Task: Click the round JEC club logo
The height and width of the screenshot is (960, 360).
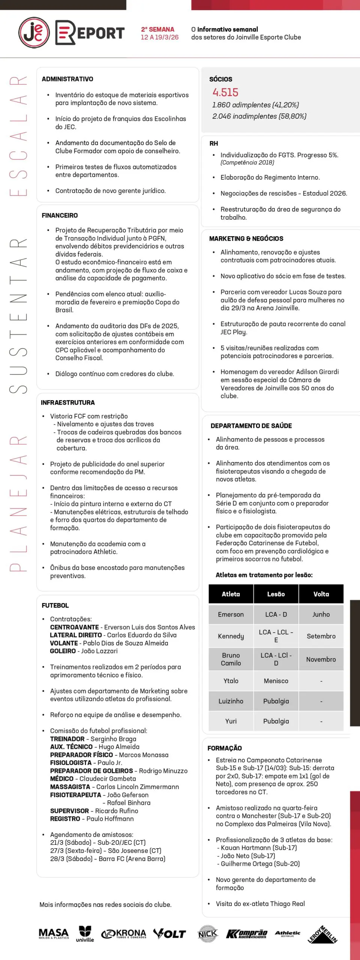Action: coord(34,33)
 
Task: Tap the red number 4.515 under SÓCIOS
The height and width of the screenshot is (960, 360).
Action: coord(225,92)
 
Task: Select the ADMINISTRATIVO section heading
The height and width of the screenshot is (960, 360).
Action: coord(67,79)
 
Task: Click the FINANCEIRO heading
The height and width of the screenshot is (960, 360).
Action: coord(60,215)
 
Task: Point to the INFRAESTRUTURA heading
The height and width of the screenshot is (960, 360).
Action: coord(67,402)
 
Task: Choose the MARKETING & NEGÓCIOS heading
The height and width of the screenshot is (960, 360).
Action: coord(246,238)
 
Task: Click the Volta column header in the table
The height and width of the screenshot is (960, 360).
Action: coord(321,594)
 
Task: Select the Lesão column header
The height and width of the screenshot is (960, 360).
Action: coord(276,594)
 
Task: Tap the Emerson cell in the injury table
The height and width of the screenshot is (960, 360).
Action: coord(231,614)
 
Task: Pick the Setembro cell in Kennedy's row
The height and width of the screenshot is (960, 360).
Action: coord(321,636)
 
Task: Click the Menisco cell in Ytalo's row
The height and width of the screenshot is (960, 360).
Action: coord(276,681)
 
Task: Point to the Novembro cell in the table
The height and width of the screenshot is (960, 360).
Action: coord(321,659)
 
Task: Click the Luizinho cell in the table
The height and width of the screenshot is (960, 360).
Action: coord(231,701)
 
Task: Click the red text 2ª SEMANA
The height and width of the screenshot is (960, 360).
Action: coord(157,29)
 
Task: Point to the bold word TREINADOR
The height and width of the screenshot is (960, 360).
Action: coord(67,739)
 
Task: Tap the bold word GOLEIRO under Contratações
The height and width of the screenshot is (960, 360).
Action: coord(63,651)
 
